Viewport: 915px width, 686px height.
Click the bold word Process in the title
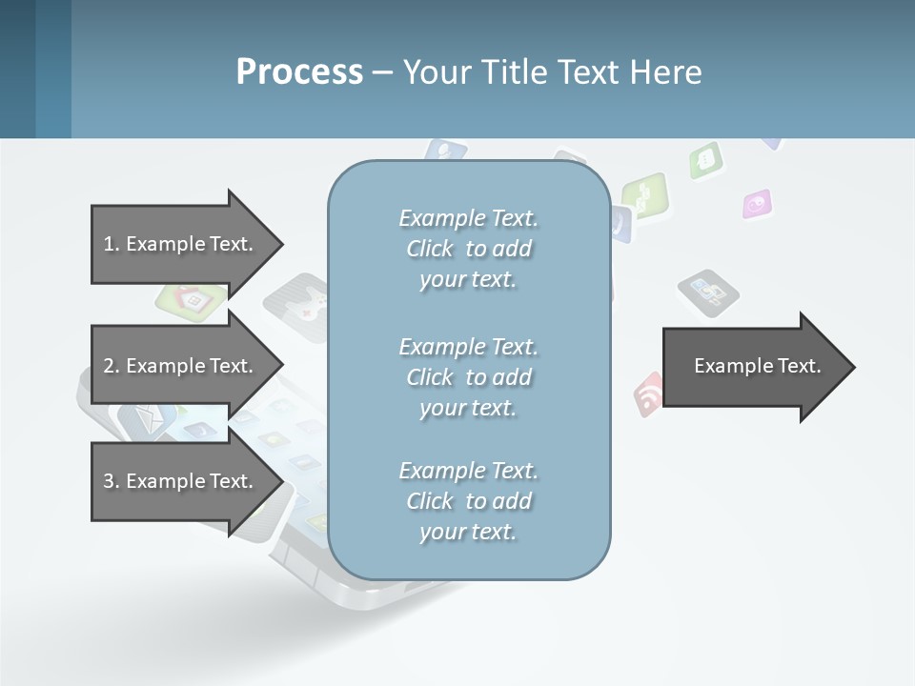click(x=299, y=71)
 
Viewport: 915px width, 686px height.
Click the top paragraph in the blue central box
click(x=469, y=249)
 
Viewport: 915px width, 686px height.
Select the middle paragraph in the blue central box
click(x=469, y=377)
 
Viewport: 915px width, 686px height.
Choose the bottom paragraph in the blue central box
click(x=469, y=501)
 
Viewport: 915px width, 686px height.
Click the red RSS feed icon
click(x=648, y=393)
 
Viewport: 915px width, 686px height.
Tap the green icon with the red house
click(x=192, y=299)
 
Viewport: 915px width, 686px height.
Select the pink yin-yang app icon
click(x=757, y=203)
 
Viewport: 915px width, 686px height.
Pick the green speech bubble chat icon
click(x=705, y=159)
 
